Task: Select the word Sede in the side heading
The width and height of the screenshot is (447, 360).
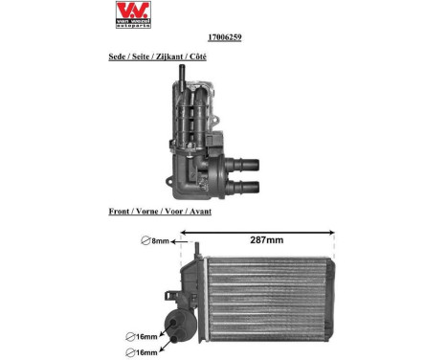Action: point(120,57)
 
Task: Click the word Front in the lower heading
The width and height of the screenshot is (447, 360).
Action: point(121,211)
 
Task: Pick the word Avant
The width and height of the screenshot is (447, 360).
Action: point(199,211)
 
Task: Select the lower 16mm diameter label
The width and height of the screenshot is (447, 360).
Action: point(144,352)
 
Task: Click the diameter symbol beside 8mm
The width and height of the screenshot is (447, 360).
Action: point(145,241)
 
